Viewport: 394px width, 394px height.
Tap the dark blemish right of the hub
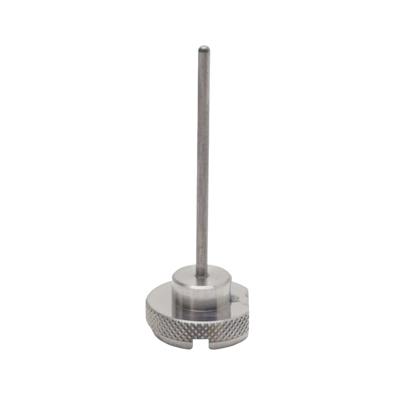click(234, 299)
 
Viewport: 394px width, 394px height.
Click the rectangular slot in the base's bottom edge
click(199, 344)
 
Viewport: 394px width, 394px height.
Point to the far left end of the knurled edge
click(147, 311)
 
